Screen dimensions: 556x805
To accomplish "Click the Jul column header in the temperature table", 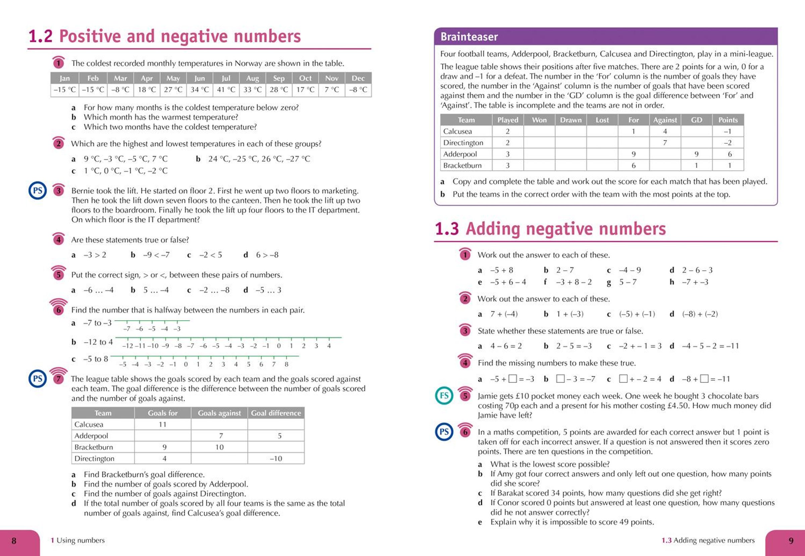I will point(226,78).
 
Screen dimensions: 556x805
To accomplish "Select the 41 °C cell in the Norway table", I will point(226,90).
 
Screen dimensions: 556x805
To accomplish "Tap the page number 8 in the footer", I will point(14,540).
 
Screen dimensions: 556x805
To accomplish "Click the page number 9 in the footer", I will point(791,540).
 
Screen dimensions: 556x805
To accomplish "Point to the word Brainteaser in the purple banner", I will point(469,37).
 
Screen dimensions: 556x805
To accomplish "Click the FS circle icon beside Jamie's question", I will point(444,396).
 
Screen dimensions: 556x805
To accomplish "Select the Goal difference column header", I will point(276,413).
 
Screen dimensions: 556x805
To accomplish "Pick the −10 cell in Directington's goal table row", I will point(276,458).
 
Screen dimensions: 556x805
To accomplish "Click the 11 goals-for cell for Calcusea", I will point(163,424).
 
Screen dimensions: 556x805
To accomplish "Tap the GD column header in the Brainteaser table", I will point(696,120).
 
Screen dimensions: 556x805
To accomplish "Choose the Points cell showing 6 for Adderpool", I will point(730,154).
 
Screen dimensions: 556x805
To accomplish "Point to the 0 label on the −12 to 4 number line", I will point(278,346).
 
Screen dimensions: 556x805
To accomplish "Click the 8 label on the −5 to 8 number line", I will point(286,364).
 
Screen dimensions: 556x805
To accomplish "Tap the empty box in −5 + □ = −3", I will point(512,379).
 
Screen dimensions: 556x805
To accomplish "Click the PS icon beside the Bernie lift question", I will point(37,191).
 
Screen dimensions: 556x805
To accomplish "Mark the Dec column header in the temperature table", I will point(358,78).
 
